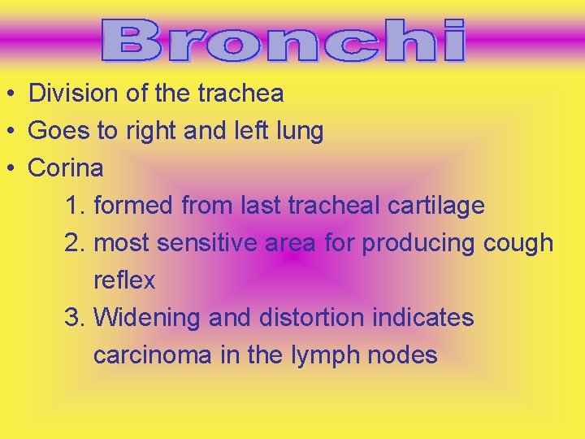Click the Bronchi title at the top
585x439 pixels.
[284, 41]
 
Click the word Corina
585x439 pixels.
[66, 168]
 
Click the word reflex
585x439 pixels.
[123, 280]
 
